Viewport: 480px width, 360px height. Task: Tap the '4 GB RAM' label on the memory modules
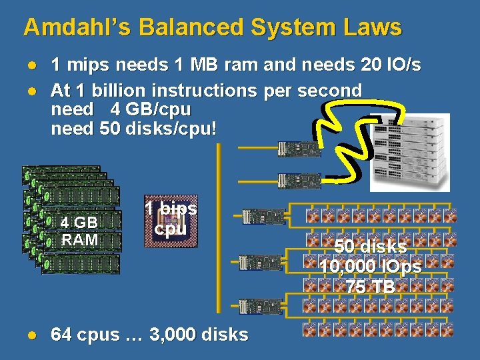79,231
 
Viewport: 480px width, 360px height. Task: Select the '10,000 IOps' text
371,267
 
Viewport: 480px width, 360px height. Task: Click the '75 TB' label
371,287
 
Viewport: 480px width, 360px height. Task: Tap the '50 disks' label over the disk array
371,246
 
